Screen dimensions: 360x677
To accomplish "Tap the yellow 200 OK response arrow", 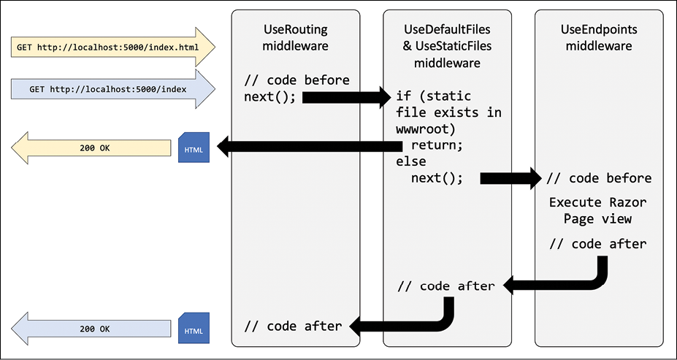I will (x=95, y=148).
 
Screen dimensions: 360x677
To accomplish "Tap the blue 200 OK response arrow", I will (x=95, y=329).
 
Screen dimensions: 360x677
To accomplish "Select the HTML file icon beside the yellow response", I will (x=194, y=148).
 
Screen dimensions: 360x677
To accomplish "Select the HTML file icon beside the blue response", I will (x=194, y=329).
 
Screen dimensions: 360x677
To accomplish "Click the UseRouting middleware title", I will (x=295, y=37).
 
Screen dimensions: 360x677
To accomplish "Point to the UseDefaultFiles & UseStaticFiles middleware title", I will (x=447, y=46).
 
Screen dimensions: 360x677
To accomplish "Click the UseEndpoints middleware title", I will (x=598, y=37).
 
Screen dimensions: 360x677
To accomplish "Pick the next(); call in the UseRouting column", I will (x=270, y=96).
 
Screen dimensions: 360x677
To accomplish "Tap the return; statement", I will (x=437, y=145).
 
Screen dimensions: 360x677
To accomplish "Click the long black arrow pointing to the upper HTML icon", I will (x=307, y=147).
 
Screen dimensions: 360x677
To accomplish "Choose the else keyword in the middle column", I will (x=410, y=161).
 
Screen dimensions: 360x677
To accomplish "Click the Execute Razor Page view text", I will (x=598, y=210).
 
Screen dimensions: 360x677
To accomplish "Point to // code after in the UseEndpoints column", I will (x=598, y=244).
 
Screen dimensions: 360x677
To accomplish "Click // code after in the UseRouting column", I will (x=293, y=326).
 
